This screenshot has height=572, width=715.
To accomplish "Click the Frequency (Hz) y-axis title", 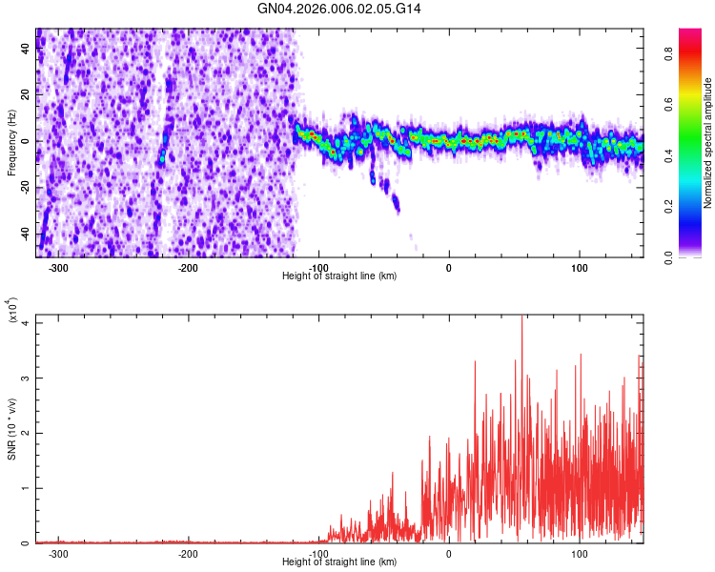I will tap(12, 143).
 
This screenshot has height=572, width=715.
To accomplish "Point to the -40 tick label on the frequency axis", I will tap(23, 235).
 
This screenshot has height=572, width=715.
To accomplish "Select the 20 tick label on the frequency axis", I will tap(26, 94).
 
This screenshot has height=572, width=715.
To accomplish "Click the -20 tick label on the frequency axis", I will tap(23, 188).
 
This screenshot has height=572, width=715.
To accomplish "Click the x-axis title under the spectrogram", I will tap(340, 276).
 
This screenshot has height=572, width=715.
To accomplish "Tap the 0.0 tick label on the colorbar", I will tap(695, 256).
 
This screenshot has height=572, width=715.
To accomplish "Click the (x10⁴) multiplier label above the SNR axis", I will tap(13, 311).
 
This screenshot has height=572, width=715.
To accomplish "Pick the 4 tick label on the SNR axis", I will tap(27, 322).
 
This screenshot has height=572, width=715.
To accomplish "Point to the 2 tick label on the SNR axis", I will tap(27, 433).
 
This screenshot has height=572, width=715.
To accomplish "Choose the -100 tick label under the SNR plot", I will tap(318, 554).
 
